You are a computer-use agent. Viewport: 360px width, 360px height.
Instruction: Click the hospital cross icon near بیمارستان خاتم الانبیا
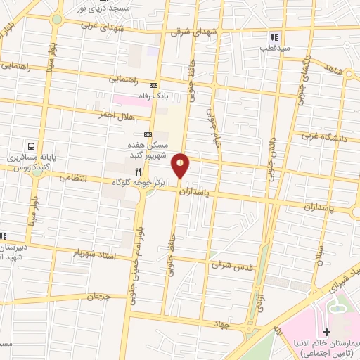(x=325, y=331)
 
